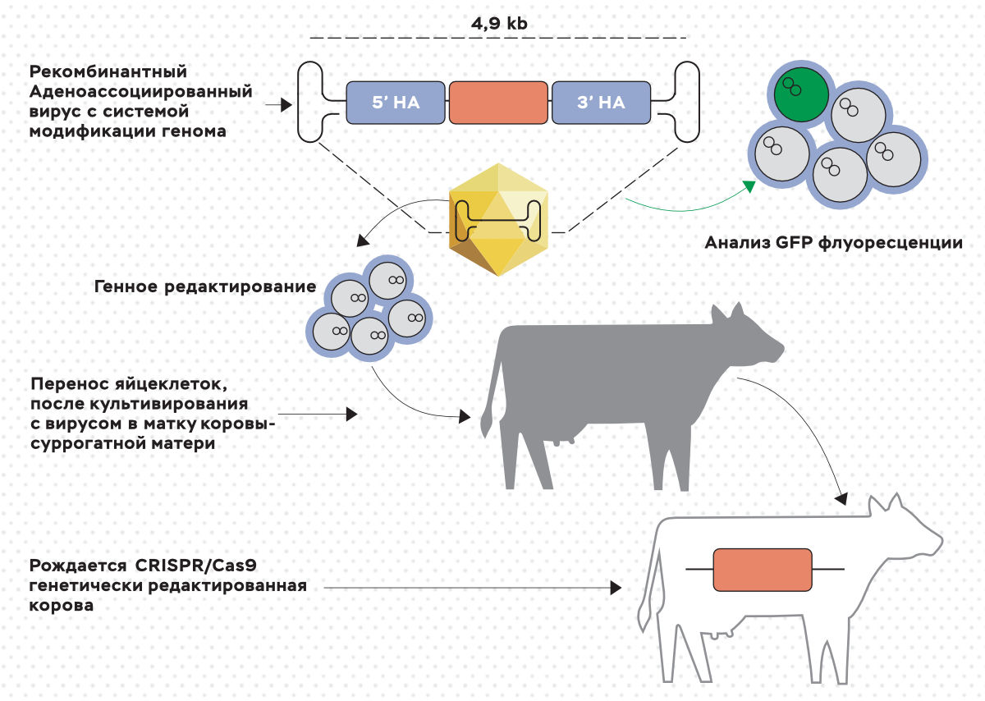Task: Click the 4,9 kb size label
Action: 499,24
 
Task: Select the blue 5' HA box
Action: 396,103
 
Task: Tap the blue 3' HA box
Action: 601,103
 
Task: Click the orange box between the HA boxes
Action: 498,103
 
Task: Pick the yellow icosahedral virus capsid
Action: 498,218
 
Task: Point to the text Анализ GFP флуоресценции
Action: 833,243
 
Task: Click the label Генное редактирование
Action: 205,286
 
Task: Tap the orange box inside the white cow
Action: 763,569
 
